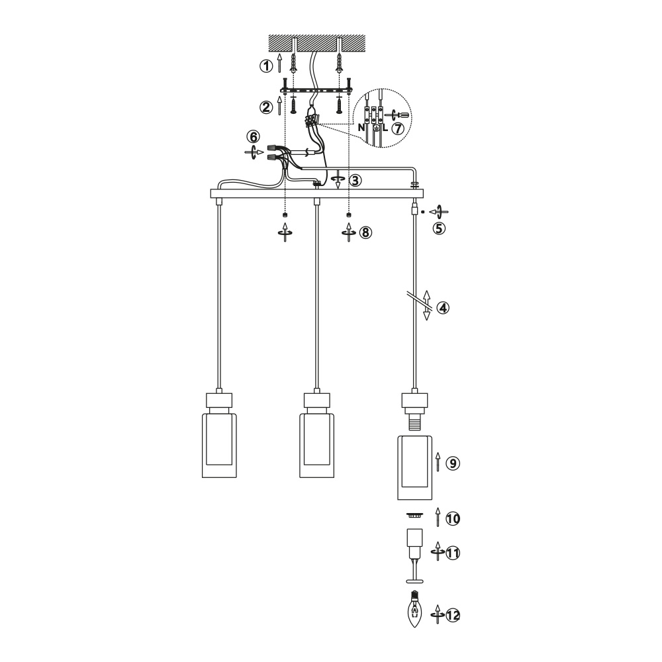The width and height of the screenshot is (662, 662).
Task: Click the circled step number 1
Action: coord(266,66)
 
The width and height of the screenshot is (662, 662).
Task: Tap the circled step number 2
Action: coord(266,107)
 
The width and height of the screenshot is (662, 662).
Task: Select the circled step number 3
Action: coord(355,181)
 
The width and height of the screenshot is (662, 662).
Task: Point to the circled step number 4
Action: coord(443,308)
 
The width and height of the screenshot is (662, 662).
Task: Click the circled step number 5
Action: coord(439,228)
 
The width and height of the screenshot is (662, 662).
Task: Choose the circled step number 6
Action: coord(254,137)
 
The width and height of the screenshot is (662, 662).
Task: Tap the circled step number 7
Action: coord(398,128)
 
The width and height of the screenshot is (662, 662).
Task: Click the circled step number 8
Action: coord(365,232)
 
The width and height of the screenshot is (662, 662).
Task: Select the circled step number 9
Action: coord(453,463)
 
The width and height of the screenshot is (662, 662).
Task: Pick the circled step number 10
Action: coord(453,518)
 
